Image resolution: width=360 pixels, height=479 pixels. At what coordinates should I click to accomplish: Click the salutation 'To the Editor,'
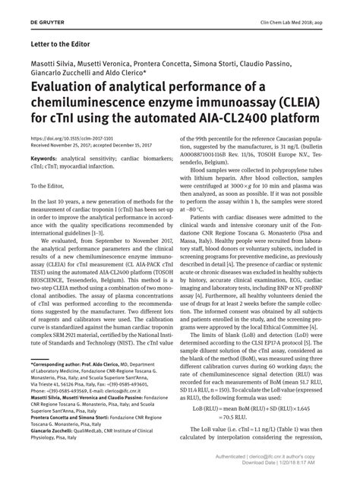pos(49,184)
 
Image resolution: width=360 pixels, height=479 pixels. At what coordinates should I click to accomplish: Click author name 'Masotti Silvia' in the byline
pos(54,62)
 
